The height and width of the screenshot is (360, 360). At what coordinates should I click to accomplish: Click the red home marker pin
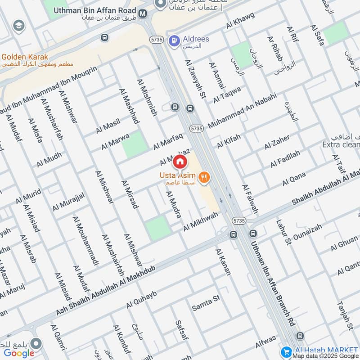[180, 161]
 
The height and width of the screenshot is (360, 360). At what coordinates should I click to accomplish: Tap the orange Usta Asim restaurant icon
[204, 177]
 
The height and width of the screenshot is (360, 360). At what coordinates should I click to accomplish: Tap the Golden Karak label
[25, 57]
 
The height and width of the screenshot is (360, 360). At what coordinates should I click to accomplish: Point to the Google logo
[19, 353]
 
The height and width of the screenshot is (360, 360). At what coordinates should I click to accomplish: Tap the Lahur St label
[284, 232]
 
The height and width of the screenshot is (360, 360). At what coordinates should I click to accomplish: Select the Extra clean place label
[341, 144]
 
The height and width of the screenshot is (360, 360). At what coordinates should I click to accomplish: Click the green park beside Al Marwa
[135, 144]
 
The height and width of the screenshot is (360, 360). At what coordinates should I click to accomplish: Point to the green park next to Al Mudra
[158, 227]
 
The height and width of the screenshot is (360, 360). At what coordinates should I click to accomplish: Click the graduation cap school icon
[18, 25]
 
